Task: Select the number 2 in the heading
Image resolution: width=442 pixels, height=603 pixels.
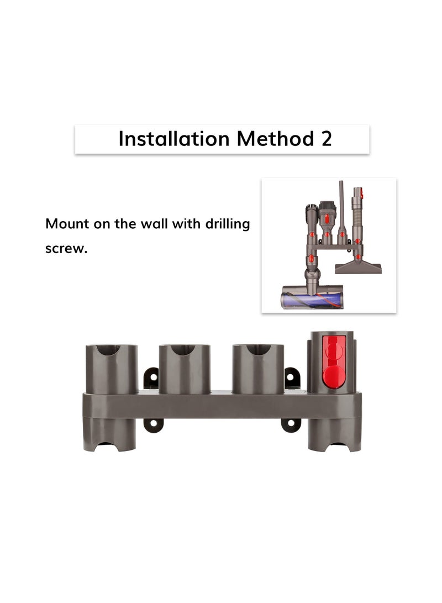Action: [x=326, y=139]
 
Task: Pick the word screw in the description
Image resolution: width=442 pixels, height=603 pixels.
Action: [x=66, y=249]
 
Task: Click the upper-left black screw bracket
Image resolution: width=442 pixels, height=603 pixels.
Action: [x=151, y=379]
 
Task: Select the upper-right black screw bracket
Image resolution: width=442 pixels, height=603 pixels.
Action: [x=292, y=379]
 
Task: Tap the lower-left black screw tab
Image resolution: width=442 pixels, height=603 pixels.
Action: [x=153, y=424]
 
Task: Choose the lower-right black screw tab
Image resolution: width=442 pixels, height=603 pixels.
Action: [x=291, y=424]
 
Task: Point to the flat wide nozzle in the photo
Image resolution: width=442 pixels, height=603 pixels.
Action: [x=358, y=268]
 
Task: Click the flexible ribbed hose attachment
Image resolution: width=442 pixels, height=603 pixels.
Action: [x=358, y=216]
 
